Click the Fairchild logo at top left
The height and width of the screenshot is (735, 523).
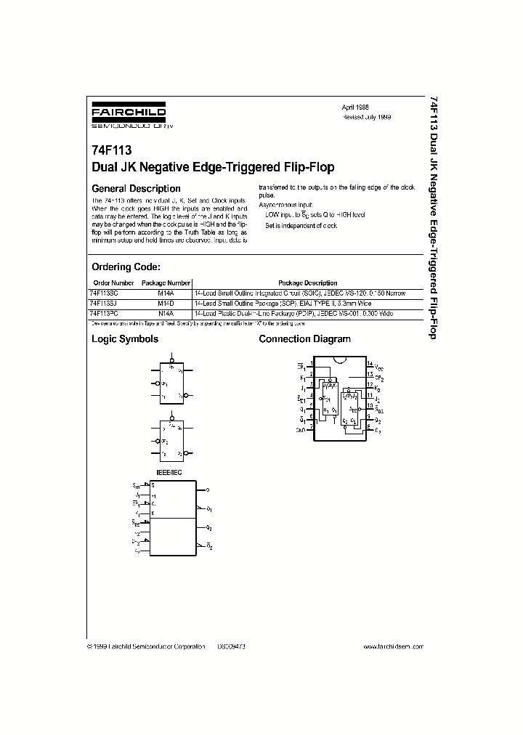[128, 116]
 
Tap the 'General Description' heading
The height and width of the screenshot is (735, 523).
[136, 189]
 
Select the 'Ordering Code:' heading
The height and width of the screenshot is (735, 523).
[131, 267]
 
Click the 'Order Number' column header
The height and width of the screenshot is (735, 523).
[114, 283]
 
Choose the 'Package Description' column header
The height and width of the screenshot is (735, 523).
[308, 283]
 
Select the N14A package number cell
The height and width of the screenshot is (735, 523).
[166, 312]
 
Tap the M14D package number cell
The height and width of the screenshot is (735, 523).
[166, 301]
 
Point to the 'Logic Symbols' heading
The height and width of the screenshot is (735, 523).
[124, 339]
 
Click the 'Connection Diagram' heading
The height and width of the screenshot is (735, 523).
[304, 339]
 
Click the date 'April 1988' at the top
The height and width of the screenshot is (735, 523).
[355, 106]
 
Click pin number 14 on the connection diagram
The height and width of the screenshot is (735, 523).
[369, 363]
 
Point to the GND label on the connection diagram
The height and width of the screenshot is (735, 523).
[301, 430]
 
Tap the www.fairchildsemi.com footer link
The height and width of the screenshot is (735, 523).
[396, 646]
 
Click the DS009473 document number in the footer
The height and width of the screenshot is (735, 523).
[232, 646]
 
